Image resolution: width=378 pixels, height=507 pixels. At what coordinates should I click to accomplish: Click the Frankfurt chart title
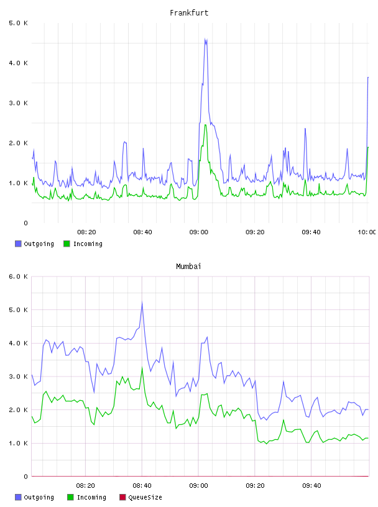tap(189, 13)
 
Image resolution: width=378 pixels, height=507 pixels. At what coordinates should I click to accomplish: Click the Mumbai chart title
tap(188, 267)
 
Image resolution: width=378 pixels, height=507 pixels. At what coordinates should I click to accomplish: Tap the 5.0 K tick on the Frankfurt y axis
tap(19, 23)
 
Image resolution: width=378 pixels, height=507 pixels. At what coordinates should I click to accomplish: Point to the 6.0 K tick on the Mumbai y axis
tap(19, 276)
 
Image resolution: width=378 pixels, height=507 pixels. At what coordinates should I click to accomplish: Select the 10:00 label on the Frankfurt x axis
tap(367, 232)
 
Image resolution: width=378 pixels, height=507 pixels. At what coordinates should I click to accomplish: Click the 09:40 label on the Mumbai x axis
tap(311, 485)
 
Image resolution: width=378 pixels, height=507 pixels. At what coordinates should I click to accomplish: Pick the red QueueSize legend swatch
tap(122, 497)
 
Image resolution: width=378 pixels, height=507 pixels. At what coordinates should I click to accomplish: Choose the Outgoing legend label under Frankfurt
tap(39, 244)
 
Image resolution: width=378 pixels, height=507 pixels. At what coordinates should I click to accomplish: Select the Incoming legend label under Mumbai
tap(91, 497)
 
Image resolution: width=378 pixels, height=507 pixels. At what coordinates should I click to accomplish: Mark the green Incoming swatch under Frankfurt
tap(67, 244)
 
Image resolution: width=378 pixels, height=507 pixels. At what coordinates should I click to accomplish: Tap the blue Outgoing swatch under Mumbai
tap(18, 497)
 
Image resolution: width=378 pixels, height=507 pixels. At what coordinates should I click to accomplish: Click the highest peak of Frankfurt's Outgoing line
tap(205, 39)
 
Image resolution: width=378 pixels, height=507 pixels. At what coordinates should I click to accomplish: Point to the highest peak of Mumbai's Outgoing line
tap(142, 302)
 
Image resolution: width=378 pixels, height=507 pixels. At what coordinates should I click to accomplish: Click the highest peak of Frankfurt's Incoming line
tap(205, 125)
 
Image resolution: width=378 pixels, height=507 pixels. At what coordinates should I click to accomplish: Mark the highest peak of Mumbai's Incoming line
tap(142, 367)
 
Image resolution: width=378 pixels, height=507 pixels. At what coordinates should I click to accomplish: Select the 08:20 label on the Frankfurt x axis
tap(86, 232)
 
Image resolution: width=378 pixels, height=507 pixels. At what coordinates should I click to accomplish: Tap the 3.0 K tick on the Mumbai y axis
tap(19, 377)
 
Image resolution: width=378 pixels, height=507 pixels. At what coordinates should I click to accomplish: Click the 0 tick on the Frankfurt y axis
tap(25, 223)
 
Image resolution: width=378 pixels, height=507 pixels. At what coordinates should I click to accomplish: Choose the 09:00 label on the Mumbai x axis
tap(199, 485)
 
